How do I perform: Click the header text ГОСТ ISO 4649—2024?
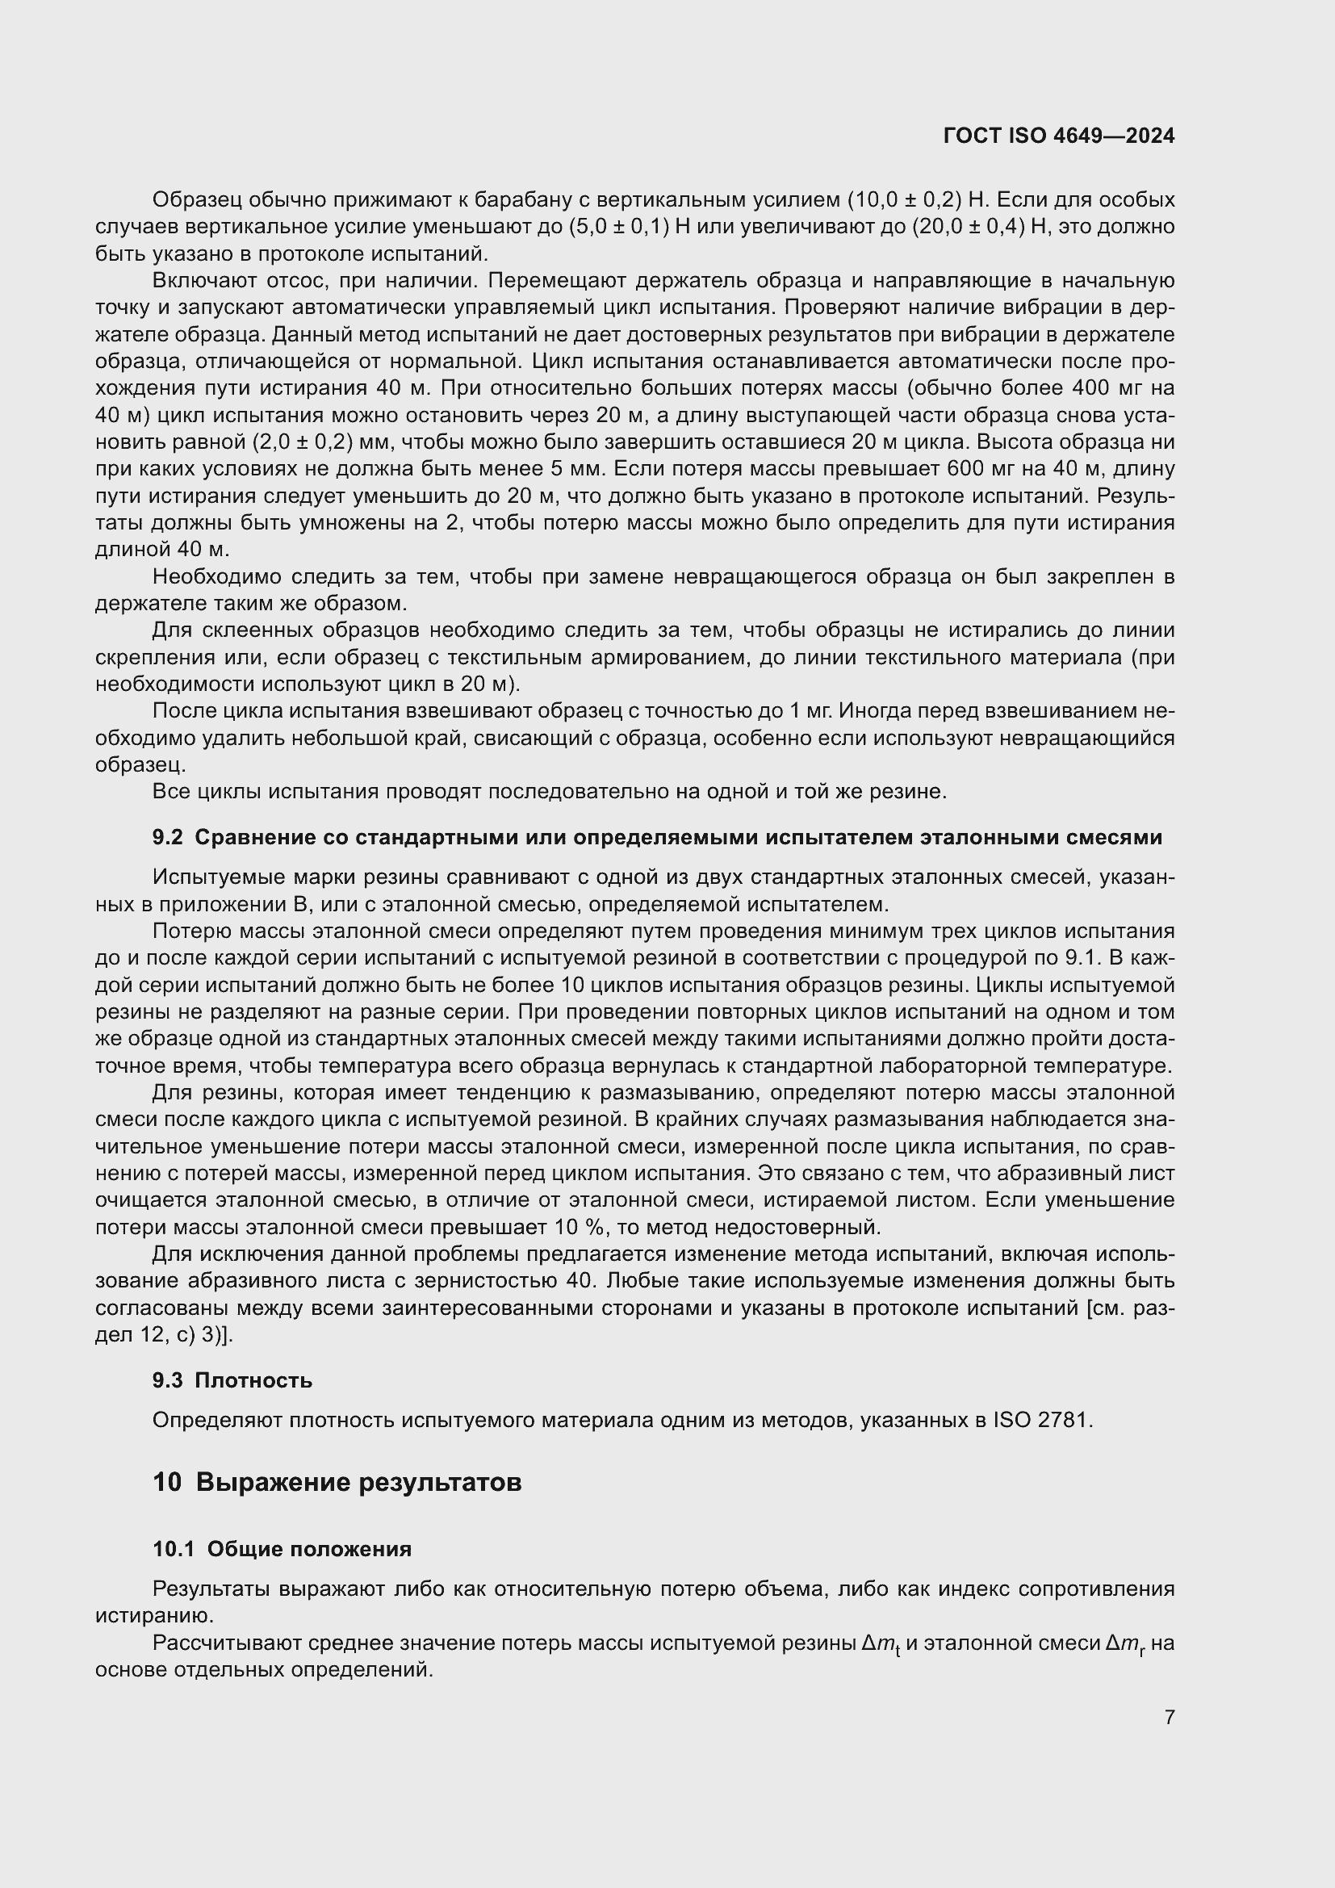pyautogui.click(x=1059, y=136)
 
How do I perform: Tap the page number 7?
pyautogui.click(x=1169, y=1717)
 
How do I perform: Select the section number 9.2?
pyautogui.click(x=167, y=838)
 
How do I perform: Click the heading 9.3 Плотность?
pyautogui.click(x=232, y=1380)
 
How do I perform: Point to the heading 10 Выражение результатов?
pyautogui.click(x=337, y=1483)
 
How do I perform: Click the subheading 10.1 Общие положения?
pyautogui.click(x=282, y=1549)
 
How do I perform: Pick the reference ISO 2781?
pyautogui.click(x=1042, y=1420)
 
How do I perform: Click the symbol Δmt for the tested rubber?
pyautogui.click(x=881, y=1644)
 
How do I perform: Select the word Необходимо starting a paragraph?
pyautogui.click(x=216, y=577)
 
